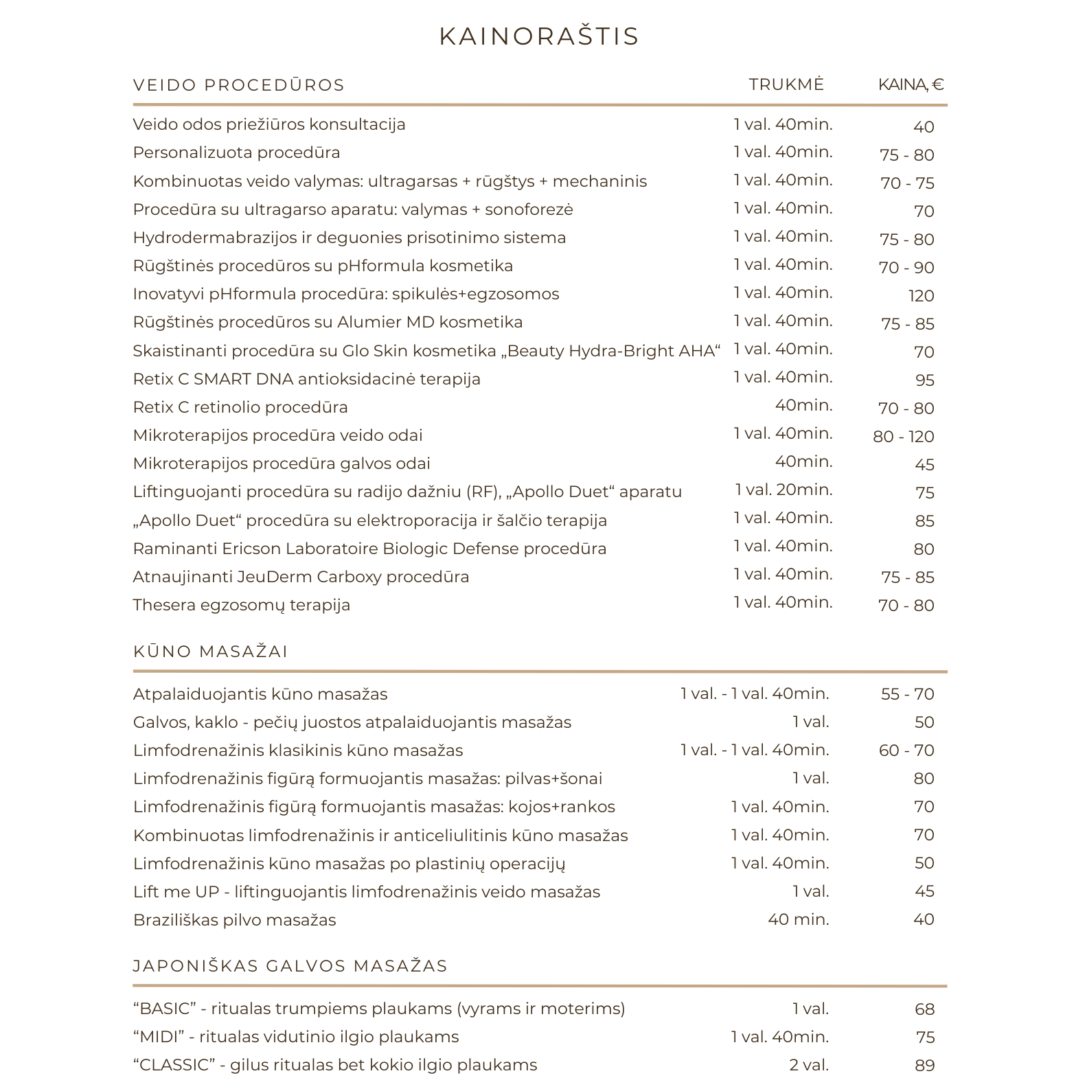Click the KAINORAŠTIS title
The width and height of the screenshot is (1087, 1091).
point(539,36)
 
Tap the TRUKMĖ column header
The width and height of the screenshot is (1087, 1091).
point(786,84)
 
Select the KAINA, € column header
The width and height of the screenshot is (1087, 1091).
point(911,84)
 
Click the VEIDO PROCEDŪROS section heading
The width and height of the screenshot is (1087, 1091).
point(239,85)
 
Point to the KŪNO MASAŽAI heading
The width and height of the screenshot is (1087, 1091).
point(210,652)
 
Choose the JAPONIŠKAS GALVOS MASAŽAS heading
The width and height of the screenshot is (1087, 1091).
point(290,966)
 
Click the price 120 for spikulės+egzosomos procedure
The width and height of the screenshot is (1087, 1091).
point(921,296)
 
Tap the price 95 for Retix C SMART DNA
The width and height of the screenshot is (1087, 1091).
point(924,380)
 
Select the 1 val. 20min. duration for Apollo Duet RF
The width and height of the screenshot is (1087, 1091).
point(783,490)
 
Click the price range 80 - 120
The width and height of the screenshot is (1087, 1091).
point(903,437)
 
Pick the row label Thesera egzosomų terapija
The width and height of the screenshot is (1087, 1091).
point(242,605)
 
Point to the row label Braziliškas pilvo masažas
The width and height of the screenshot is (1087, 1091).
point(235,920)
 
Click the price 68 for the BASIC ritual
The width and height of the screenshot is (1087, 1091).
point(924,1009)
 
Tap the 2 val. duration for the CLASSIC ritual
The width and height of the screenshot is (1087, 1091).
point(809,1065)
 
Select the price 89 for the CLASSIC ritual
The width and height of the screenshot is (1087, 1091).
point(924,1066)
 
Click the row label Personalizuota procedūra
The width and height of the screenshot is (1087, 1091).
point(236,152)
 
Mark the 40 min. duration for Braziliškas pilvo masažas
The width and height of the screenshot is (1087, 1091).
point(798,919)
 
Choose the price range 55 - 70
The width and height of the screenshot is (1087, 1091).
point(907,694)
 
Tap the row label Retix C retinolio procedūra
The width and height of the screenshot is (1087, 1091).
point(240,407)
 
